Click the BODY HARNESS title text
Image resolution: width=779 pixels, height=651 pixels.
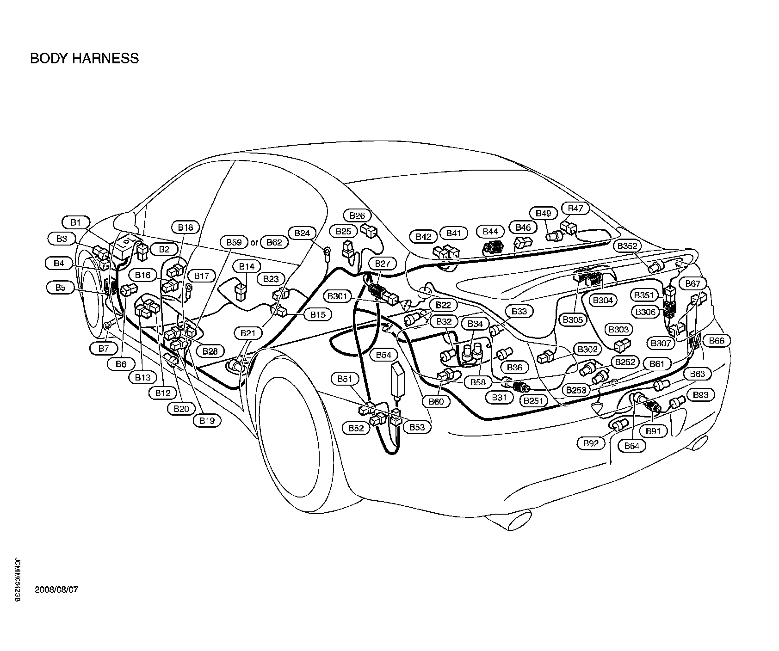pyautogui.click(x=84, y=59)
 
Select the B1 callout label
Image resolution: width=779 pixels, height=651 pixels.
pyautogui.click(x=75, y=222)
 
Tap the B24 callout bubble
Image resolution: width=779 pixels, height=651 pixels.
pyautogui.click(x=302, y=233)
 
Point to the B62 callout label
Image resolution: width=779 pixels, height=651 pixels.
pyautogui.click(x=274, y=242)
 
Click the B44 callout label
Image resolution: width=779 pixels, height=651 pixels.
pyautogui.click(x=490, y=232)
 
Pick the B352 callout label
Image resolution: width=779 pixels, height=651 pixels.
pyautogui.click(x=627, y=246)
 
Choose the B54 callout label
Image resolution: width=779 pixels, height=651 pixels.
pyautogui.click(x=383, y=355)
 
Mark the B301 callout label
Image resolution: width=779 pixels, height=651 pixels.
pyautogui.click(x=340, y=296)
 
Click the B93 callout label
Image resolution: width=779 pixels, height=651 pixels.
pyautogui.click(x=701, y=395)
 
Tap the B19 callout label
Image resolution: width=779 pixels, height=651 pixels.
pyautogui.click(x=207, y=420)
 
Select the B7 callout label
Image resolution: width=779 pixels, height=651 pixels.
pyautogui.click(x=104, y=349)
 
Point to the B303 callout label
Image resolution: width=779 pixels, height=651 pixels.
pyautogui.click(x=618, y=329)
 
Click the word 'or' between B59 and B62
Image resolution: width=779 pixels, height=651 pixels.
pyautogui.click(x=254, y=242)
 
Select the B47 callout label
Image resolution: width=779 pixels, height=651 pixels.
pyautogui.click(x=575, y=209)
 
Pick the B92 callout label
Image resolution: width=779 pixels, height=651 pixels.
pyautogui.click(x=591, y=443)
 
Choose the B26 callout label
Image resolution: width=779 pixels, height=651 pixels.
pyautogui.click(x=357, y=215)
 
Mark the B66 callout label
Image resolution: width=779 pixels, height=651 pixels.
pyautogui.click(x=717, y=341)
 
